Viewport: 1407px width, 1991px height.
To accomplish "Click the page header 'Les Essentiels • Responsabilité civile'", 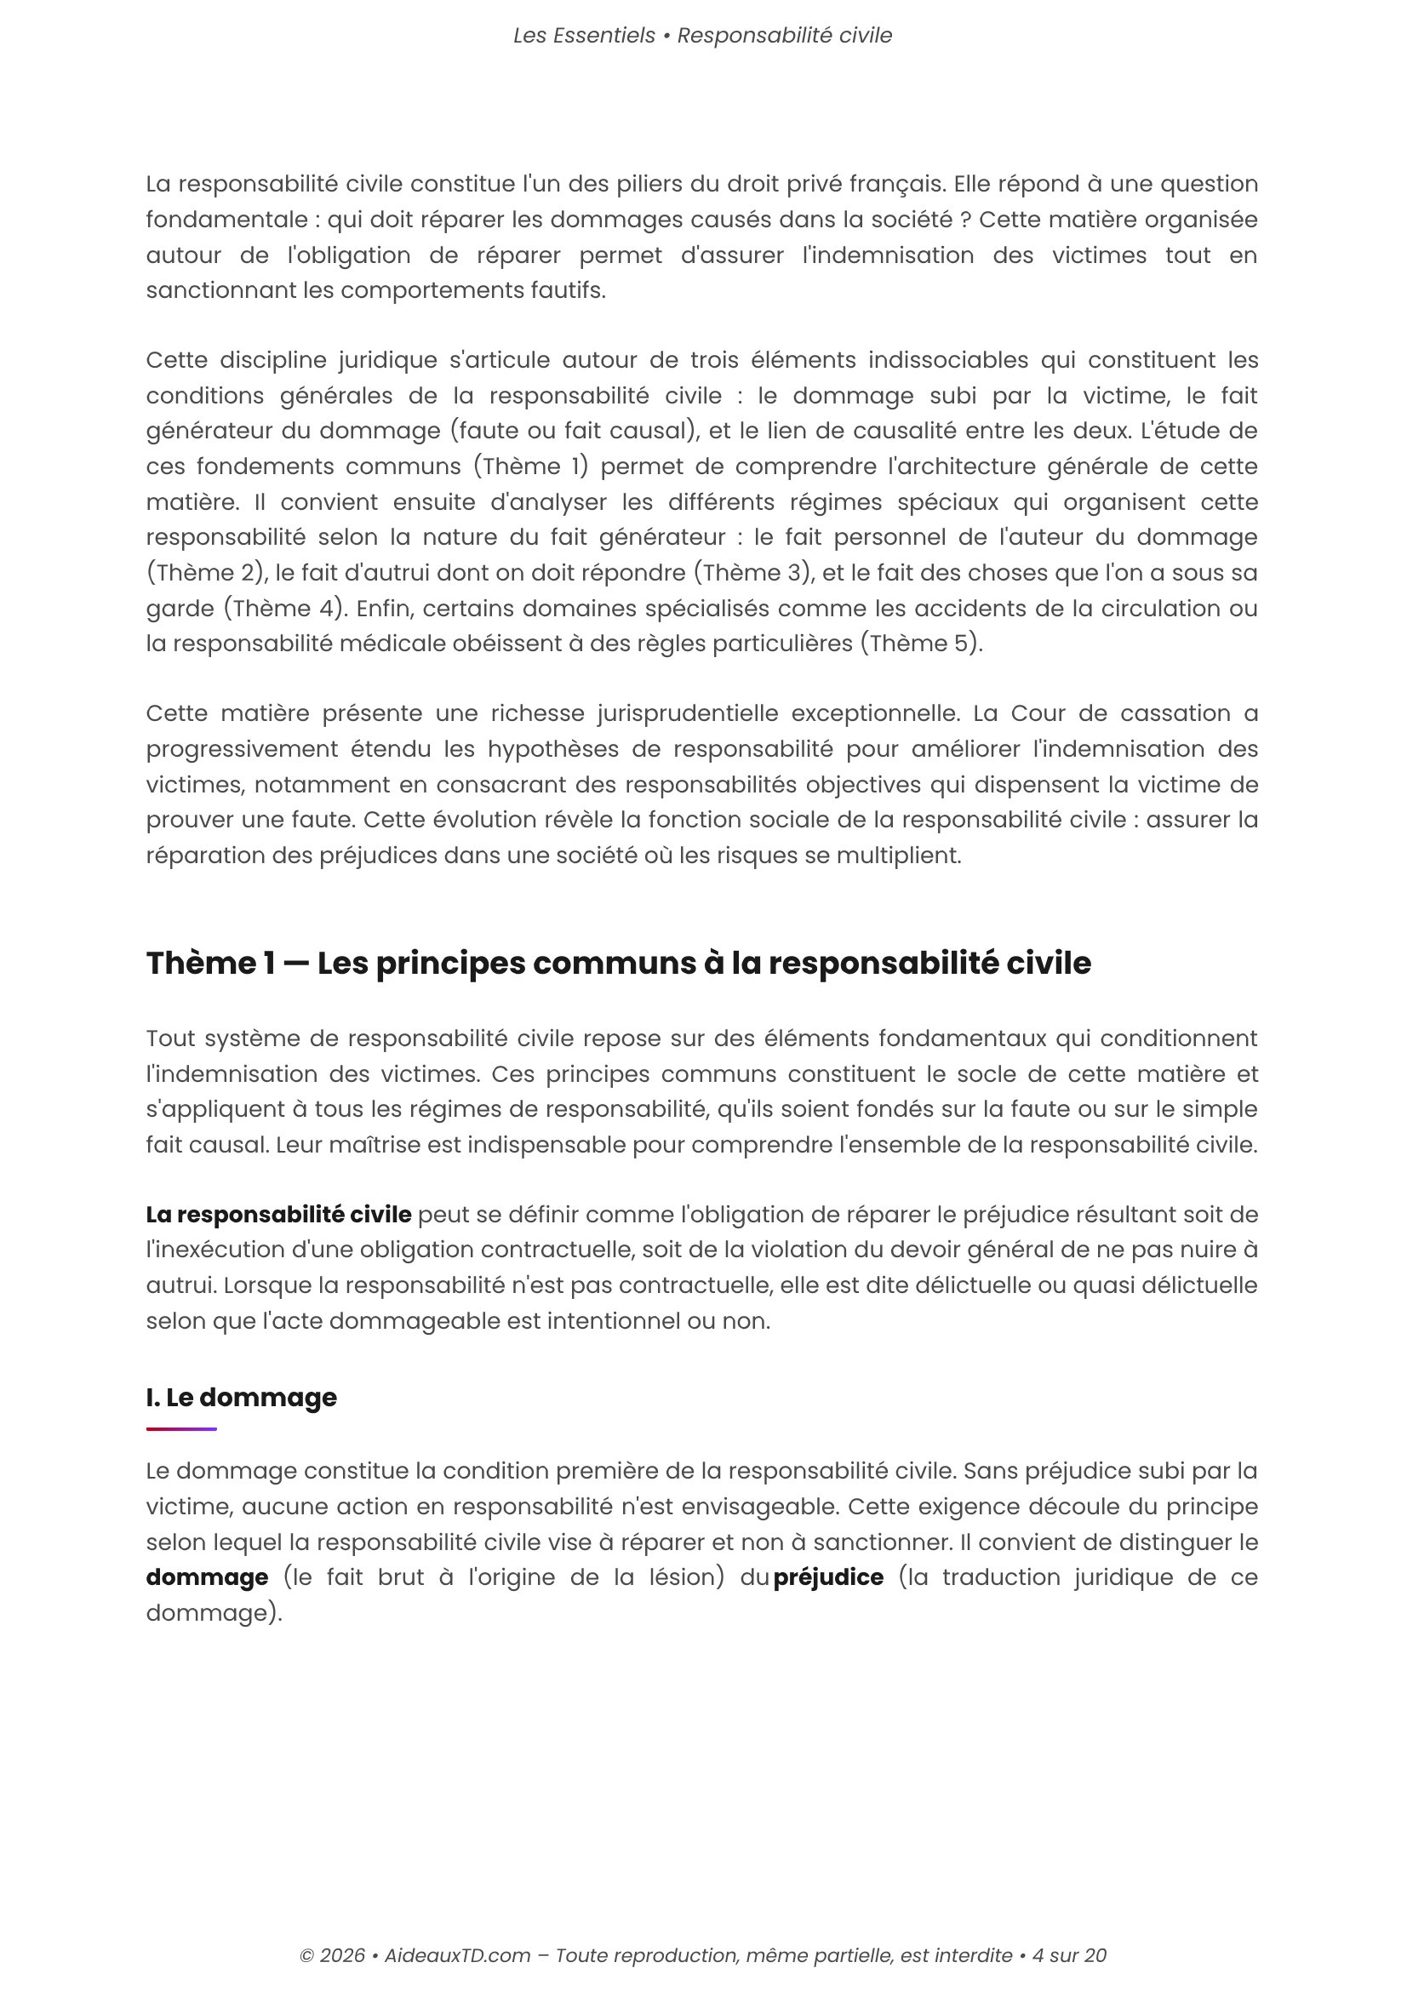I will tap(702, 36).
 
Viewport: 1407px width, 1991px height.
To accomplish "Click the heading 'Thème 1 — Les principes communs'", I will tap(618, 964).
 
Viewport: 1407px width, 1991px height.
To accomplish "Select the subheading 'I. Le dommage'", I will tap(241, 1397).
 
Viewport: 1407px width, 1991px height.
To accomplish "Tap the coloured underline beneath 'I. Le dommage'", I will tap(181, 1429).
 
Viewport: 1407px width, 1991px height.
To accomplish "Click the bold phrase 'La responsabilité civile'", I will tap(278, 1215).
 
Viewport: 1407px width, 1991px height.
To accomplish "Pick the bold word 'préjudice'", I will tap(828, 1577).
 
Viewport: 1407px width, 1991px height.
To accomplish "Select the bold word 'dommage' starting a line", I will tap(207, 1577).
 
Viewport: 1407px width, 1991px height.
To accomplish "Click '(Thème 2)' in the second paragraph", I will tap(206, 573).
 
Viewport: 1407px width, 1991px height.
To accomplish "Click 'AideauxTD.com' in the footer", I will tap(457, 1955).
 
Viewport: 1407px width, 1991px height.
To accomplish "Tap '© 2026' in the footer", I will tap(332, 1955).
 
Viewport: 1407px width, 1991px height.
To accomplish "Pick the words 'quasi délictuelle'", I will tap(1164, 1285).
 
